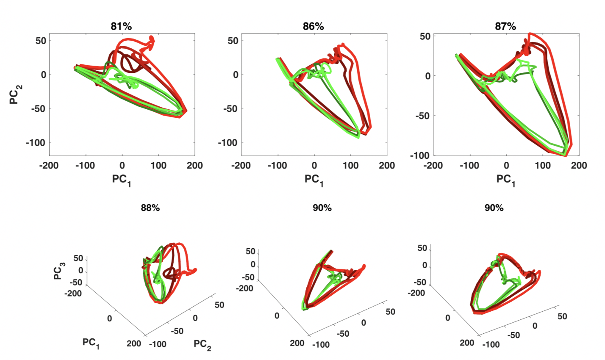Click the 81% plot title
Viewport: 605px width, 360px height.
tap(122, 26)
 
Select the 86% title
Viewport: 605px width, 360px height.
tap(314, 26)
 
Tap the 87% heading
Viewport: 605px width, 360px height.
tap(505, 26)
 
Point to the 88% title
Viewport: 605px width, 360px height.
tap(150, 208)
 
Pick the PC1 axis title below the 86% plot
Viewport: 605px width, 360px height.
tap(314, 180)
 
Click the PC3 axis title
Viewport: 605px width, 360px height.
tap(59, 271)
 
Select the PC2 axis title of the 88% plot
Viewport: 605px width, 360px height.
tap(203, 345)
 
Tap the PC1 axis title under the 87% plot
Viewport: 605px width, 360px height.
tap(506, 180)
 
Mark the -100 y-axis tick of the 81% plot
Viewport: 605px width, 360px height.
tap(36, 142)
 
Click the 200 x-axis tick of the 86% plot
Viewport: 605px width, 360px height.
tap(386, 166)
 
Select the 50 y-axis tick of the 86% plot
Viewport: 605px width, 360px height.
tap(233, 41)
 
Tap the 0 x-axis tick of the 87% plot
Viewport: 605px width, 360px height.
tap(506, 166)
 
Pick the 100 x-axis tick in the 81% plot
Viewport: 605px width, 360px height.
tap(158, 166)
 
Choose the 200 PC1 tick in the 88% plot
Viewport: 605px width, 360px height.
tap(134, 343)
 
